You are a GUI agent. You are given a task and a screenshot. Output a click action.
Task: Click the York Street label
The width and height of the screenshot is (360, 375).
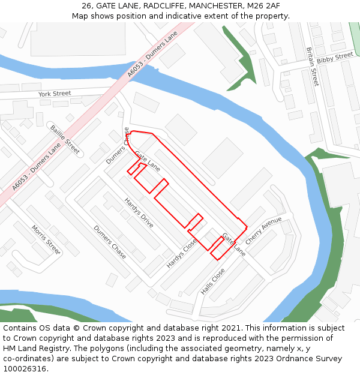[x=55, y=94]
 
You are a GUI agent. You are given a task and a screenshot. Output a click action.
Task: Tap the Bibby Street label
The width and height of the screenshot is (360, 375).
[x=335, y=58]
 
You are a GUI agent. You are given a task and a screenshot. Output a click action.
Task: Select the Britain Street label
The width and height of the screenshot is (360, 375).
[x=312, y=67]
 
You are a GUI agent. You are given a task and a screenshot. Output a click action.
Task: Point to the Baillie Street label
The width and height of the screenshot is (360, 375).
[x=65, y=140]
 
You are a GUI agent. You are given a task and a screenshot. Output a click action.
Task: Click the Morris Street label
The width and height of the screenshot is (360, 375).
[x=46, y=240]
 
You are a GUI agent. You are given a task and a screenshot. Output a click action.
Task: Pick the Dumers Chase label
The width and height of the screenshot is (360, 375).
[x=110, y=242]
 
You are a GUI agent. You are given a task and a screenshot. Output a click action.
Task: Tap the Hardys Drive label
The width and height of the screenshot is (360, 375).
[x=139, y=213]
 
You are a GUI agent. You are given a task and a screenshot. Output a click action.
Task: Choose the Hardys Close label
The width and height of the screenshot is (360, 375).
[x=182, y=253]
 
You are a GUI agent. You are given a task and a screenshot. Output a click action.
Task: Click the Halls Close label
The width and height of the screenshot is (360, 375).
[x=213, y=281]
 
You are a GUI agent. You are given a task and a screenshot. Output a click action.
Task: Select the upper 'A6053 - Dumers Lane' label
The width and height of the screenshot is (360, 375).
[x=153, y=55]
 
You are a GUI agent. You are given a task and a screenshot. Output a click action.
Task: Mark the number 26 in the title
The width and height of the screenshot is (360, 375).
[x=88, y=5]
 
